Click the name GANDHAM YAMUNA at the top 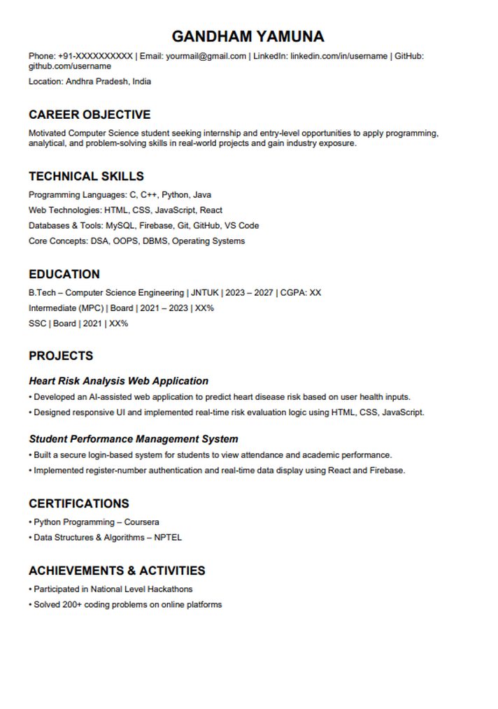pyautogui.click(x=248, y=36)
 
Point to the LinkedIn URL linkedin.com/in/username pyautogui.click(x=339, y=56)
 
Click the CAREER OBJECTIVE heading pyautogui.click(x=90, y=115)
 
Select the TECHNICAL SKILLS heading pyautogui.click(x=86, y=176)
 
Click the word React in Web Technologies pyautogui.click(x=211, y=210)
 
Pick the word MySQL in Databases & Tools pyautogui.click(x=120, y=226)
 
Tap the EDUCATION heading pyautogui.click(x=64, y=274)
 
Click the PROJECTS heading pyautogui.click(x=61, y=356)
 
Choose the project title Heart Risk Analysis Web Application pyautogui.click(x=118, y=381)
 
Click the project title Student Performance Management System pyautogui.click(x=133, y=439)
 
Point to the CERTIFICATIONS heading pyautogui.click(x=79, y=503)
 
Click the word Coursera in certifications pyautogui.click(x=142, y=522)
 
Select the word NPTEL pyautogui.click(x=168, y=538)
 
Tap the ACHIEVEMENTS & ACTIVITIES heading pyautogui.click(x=117, y=571)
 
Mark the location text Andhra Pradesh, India pyautogui.click(x=108, y=81)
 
